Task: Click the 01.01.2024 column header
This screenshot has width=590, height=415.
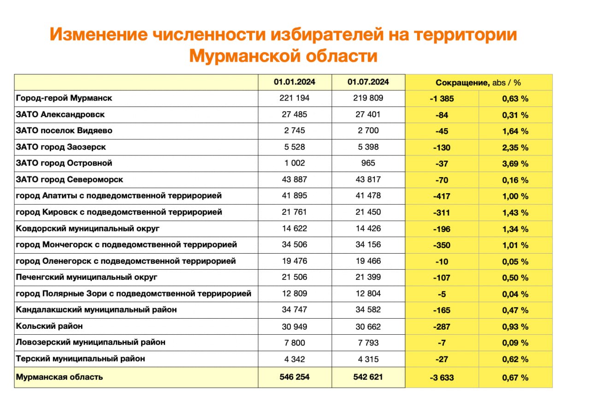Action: coord(295,83)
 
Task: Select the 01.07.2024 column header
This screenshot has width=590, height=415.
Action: coord(368,83)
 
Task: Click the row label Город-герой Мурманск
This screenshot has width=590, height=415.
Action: coord(64,98)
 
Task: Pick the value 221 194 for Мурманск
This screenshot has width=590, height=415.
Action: coord(295,98)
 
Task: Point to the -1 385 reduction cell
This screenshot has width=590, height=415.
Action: coord(442,99)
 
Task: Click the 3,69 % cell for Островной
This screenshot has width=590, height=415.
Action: coord(515,164)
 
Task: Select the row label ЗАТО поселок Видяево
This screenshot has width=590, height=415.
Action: coord(64,131)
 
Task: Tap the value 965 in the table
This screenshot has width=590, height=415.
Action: coord(368,163)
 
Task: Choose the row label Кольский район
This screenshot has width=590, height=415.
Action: coord(49,326)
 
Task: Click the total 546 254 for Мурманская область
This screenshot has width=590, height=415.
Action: coord(295,377)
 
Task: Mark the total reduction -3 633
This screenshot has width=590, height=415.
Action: coord(442,378)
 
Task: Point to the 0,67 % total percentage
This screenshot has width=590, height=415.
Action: coord(515,378)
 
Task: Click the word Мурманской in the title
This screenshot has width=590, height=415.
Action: coord(244,56)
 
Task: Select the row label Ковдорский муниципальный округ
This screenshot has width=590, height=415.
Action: coord(88,229)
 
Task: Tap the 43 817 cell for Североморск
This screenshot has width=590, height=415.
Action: coord(368,180)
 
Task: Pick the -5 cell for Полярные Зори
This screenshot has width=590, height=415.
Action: coord(442,294)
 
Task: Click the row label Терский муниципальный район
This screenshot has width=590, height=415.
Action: coord(80,359)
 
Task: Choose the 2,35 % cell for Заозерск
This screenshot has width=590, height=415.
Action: coord(515,148)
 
